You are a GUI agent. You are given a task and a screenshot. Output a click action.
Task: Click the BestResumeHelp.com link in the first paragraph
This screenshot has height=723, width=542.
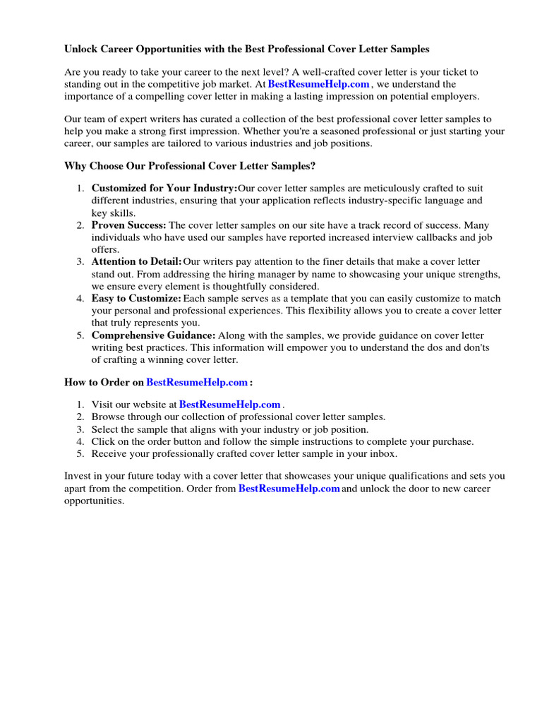point(319,84)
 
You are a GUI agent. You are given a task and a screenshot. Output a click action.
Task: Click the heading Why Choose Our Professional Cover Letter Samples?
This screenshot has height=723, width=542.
point(190,166)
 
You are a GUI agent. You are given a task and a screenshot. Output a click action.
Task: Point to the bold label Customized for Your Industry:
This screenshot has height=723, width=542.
point(164,189)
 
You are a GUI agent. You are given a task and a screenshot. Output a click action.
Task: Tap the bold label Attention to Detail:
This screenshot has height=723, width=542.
point(137,262)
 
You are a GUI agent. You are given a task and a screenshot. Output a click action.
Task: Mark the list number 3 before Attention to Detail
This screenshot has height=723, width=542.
point(80,262)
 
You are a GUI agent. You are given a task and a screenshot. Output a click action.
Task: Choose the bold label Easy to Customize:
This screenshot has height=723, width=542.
point(136,299)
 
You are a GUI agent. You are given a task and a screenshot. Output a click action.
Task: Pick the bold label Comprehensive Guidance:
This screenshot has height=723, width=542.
point(153,335)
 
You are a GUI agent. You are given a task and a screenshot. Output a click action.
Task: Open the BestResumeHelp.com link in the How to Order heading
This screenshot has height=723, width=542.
point(197,382)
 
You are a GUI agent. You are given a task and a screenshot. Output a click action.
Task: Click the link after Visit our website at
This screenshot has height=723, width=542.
point(230,405)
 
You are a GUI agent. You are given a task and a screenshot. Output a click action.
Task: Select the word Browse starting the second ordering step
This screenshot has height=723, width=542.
point(107,417)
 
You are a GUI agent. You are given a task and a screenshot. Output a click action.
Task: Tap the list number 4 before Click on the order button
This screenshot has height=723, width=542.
point(80,441)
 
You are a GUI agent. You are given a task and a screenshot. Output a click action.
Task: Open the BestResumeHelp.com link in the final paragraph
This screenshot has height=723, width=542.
point(289,489)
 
